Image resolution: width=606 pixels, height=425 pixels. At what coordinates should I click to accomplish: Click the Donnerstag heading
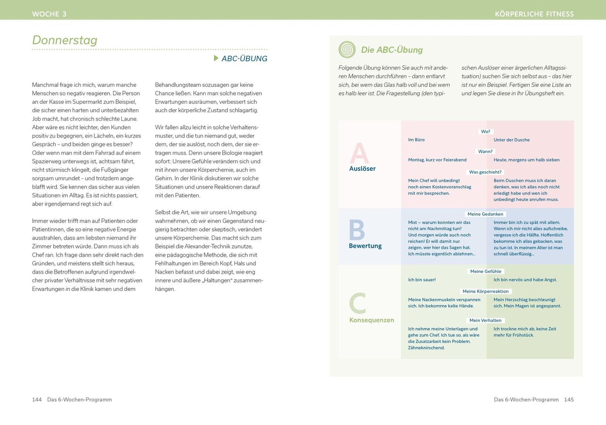(65, 40)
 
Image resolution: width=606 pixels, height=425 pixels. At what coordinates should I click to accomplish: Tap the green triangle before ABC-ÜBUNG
(216, 58)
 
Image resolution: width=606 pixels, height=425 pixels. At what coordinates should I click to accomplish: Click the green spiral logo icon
(347, 50)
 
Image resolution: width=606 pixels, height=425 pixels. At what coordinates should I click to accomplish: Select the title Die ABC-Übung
(392, 50)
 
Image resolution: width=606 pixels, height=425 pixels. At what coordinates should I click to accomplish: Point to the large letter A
(359, 153)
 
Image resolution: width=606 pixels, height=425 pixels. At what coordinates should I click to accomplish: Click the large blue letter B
(357, 230)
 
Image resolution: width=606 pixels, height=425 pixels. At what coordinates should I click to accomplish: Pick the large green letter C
(358, 303)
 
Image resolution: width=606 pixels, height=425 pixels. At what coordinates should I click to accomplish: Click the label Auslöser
(362, 168)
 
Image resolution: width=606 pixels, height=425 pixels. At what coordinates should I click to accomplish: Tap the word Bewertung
(365, 246)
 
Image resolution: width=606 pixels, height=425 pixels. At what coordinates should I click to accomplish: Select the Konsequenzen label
(372, 320)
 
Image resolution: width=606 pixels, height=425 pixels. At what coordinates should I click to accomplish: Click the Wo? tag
(486, 131)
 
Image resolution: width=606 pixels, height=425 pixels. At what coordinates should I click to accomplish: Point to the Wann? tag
(486, 151)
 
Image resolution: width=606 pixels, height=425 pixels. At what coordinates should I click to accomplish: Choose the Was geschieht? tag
(485, 172)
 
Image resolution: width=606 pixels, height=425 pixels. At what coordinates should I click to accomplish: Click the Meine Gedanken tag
(485, 214)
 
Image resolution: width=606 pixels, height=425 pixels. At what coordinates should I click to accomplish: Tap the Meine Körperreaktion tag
(486, 291)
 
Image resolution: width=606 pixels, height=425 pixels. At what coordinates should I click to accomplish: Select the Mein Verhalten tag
(485, 320)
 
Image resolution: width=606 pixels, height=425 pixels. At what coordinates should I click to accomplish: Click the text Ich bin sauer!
(422, 280)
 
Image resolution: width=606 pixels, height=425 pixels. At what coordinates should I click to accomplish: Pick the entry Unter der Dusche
(512, 140)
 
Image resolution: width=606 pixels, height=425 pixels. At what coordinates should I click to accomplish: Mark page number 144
(37, 399)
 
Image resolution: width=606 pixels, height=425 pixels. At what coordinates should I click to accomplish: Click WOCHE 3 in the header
(49, 14)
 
